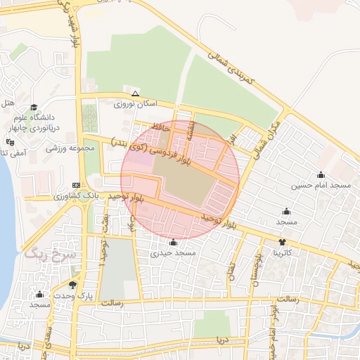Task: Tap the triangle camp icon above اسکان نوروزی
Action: pos(135,94)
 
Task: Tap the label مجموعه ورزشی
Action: pos(70,148)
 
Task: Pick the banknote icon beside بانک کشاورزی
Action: pos(76,184)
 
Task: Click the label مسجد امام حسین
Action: pos(321,185)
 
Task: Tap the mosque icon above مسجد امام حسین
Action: pos(321,174)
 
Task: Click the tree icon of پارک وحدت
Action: pos(72,285)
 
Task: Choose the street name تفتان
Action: pos(231,271)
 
